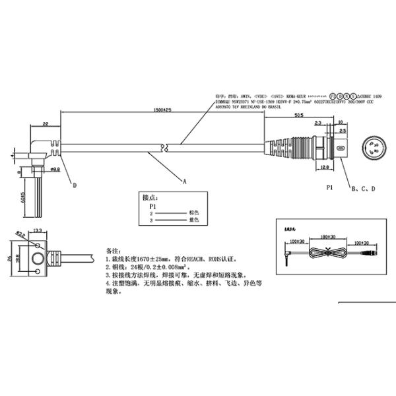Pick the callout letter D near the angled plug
click(x=74, y=187)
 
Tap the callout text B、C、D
click(x=364, y=189)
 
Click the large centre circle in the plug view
click(x=37, y=258)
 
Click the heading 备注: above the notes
click(x=114, y=251)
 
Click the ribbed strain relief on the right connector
click(x=279, y=147)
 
